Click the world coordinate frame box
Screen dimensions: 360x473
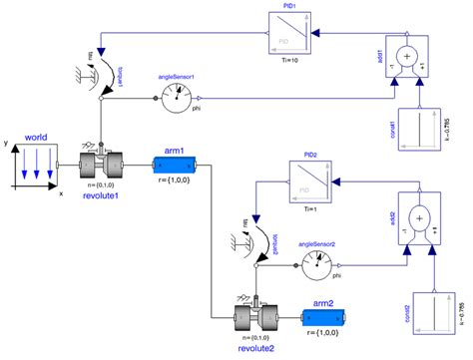tap(37, 165)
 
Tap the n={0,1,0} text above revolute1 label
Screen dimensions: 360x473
tap(101, 184)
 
